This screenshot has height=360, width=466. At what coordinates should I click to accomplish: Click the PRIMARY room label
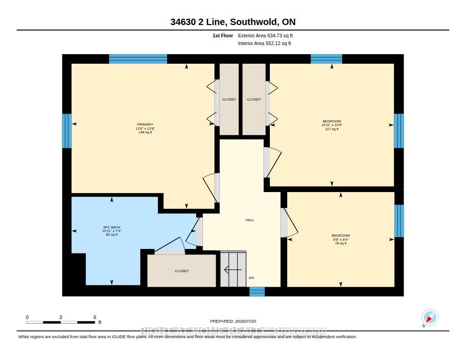145,124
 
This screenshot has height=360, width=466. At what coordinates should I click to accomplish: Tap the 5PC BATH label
111,227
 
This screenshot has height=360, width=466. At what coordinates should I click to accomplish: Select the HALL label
250,220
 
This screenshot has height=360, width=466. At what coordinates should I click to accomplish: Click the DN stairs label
251,278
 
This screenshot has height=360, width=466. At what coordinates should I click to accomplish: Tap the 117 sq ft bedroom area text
332,129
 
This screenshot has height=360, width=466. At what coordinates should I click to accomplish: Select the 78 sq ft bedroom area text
340,243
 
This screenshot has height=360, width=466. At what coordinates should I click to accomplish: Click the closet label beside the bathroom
182,271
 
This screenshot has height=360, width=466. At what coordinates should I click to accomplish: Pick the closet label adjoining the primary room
229,99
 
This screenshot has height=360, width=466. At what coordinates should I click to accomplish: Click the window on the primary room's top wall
138,59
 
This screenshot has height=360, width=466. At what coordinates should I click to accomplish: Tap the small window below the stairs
257,292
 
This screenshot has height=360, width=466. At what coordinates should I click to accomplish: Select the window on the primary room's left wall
67,131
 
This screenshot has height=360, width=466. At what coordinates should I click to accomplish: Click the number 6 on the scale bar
95,317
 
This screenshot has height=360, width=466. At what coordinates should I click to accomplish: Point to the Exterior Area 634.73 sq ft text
265,35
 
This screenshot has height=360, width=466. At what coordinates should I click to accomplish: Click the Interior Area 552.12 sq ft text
264,43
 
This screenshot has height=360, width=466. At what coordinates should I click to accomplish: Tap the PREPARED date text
233,321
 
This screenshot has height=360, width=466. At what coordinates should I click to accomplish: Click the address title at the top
233,22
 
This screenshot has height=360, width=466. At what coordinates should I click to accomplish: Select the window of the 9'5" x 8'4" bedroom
399,221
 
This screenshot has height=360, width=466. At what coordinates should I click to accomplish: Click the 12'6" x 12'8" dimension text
145,128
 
